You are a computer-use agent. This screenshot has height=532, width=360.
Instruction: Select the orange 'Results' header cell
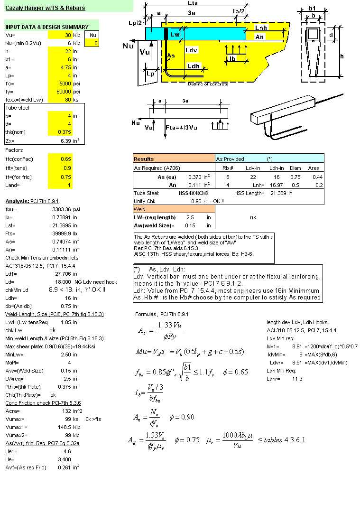(x=174, y=159)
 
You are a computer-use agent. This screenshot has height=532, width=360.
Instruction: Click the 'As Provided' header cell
(x=231, y=159)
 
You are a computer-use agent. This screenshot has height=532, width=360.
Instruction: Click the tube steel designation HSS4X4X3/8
(x=193, y=193)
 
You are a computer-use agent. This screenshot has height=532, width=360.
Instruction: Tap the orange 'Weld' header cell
(x=174, y=209)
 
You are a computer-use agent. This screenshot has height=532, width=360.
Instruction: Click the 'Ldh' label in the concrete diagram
(x=194, y=66)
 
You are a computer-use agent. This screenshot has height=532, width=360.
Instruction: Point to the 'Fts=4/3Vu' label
(x=181, y=127)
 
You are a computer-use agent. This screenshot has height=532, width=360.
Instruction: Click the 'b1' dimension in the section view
(x=312, y=8)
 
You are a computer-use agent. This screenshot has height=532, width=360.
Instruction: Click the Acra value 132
(x=66, y=411)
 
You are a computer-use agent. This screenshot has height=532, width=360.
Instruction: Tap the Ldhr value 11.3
(x=298, y=379)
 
